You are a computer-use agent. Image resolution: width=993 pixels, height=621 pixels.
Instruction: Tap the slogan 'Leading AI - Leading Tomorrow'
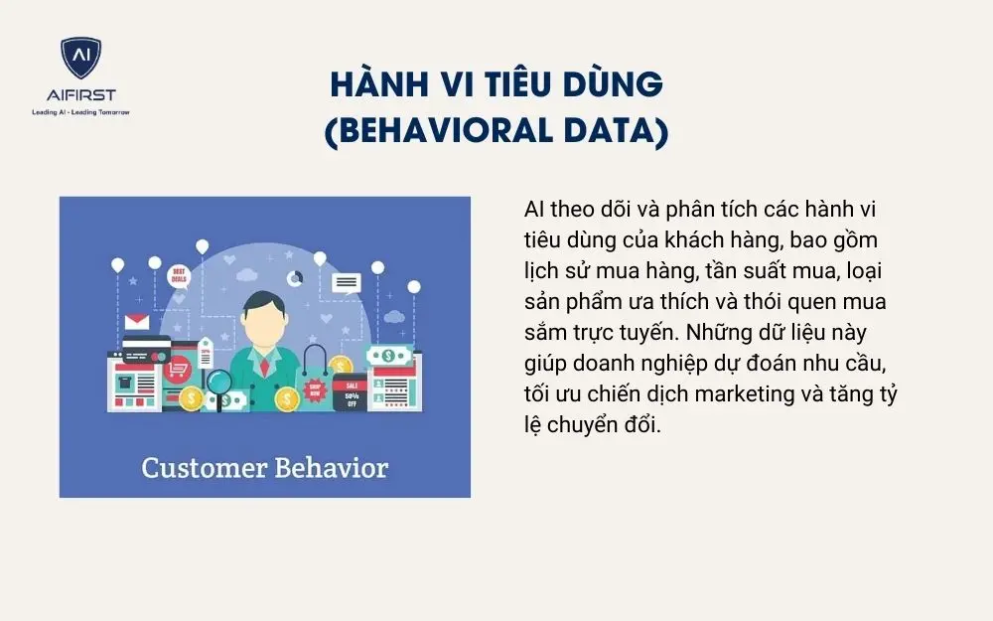pyautogui.click(x=81, y=112)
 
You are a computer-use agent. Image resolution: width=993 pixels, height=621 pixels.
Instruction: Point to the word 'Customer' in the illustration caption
pyautogui.click(x=201, y=467)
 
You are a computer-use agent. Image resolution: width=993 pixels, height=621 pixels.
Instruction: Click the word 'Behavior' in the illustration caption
pyautogui.click(x=329, y=467)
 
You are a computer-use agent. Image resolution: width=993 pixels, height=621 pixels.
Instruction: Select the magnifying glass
pyautogui.click(x=218, y=382)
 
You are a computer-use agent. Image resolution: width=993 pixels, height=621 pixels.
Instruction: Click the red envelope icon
pyautogui.click(x=136, y=322)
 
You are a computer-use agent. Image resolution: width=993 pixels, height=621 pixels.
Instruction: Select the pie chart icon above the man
pyautogui.click(x=295, y=277)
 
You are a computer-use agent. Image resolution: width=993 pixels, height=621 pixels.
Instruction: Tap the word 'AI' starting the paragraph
pyautogui.click(x=533, y=211)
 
